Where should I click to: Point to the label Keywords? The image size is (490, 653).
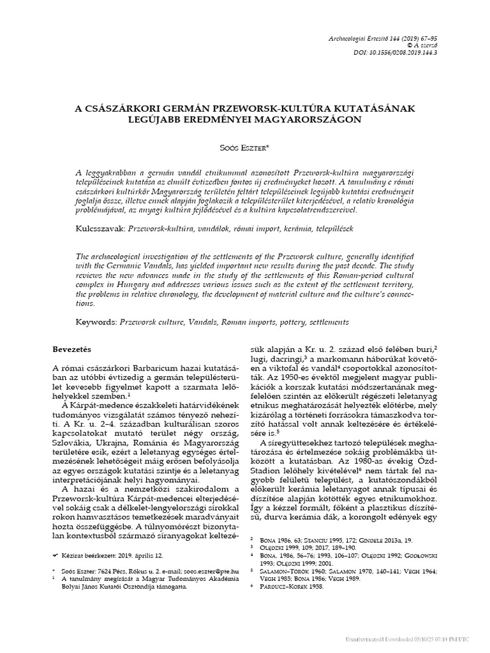tap(98, 323)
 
